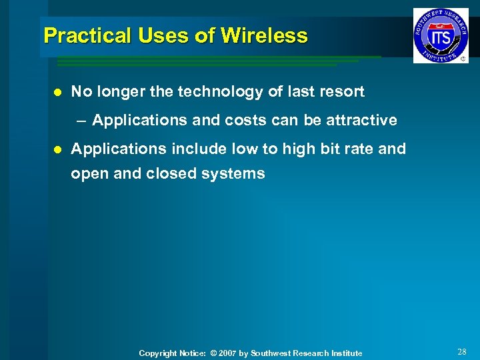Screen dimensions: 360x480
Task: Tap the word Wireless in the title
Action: click(x=265, y=35)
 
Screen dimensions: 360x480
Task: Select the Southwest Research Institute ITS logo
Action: click(x=440, y=36)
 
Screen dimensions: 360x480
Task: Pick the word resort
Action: click(x=341, y=92)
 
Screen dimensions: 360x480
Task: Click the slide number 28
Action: click(x=462, y=351)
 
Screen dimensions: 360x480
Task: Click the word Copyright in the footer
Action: click(x=157, y=353)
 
